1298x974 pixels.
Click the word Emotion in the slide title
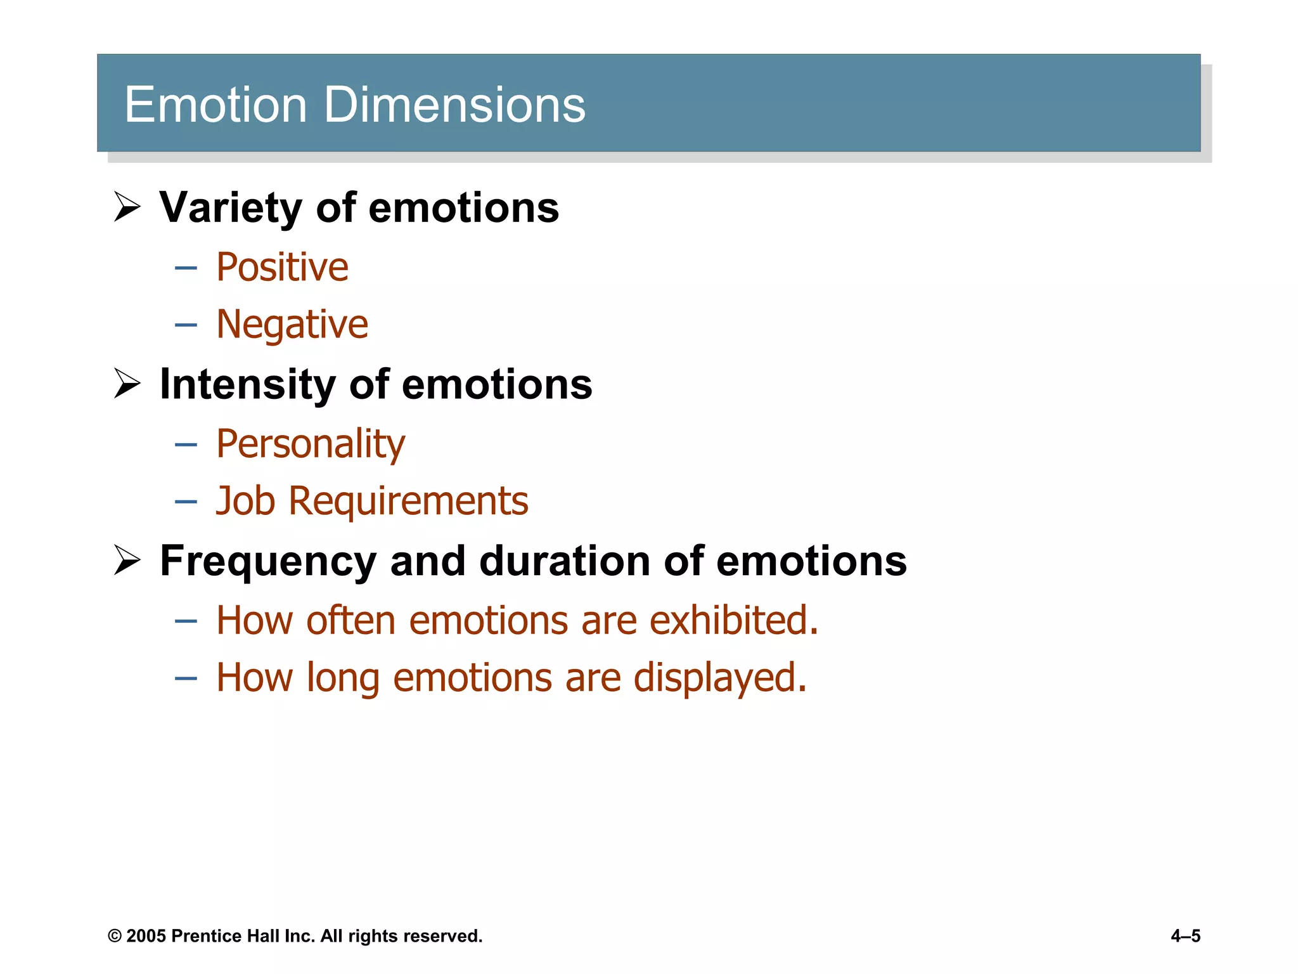point(215,105)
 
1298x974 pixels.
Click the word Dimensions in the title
point(454,105)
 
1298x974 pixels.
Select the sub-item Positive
point(282,267)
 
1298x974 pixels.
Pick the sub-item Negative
point(292,325)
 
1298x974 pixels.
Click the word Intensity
point(247,384)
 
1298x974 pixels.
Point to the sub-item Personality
point(310,444)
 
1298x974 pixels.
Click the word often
point(350,620)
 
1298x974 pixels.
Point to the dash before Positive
point(186,268)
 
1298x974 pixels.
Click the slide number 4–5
point(1185,936)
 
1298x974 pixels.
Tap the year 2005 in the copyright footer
point(145,936)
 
